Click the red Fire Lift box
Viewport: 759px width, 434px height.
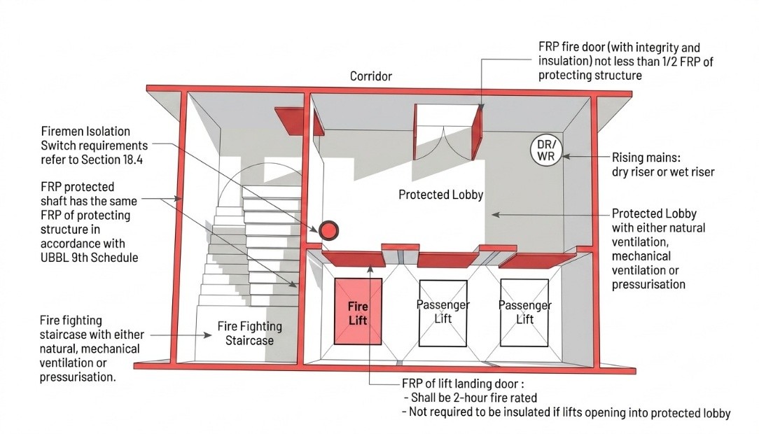(x=358, y=311)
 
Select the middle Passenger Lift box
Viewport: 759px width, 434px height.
(x=443, y=313)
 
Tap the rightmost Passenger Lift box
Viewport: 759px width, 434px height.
(x=524, y=313)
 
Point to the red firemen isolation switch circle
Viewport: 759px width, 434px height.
(x=328, y=230)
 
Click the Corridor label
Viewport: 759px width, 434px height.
(x=371, y=76)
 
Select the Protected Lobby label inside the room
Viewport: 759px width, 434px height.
(x=440, y=195)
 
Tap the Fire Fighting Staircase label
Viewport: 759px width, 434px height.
(x=249, y=333)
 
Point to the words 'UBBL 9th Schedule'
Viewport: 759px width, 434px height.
(x=89, y=258)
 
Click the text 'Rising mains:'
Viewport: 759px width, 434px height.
(x=646, y=157)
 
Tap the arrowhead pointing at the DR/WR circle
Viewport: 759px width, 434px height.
(x=566, y=156)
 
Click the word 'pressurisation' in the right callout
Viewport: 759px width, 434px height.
(x=648, y=284)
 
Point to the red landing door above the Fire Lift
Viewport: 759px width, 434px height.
(x=354, y=259)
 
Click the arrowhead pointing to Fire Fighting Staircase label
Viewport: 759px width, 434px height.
(x=208, y=335)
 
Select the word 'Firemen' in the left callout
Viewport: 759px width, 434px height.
(x=62, y=131)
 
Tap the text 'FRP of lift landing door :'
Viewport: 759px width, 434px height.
(x=463, y=384)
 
